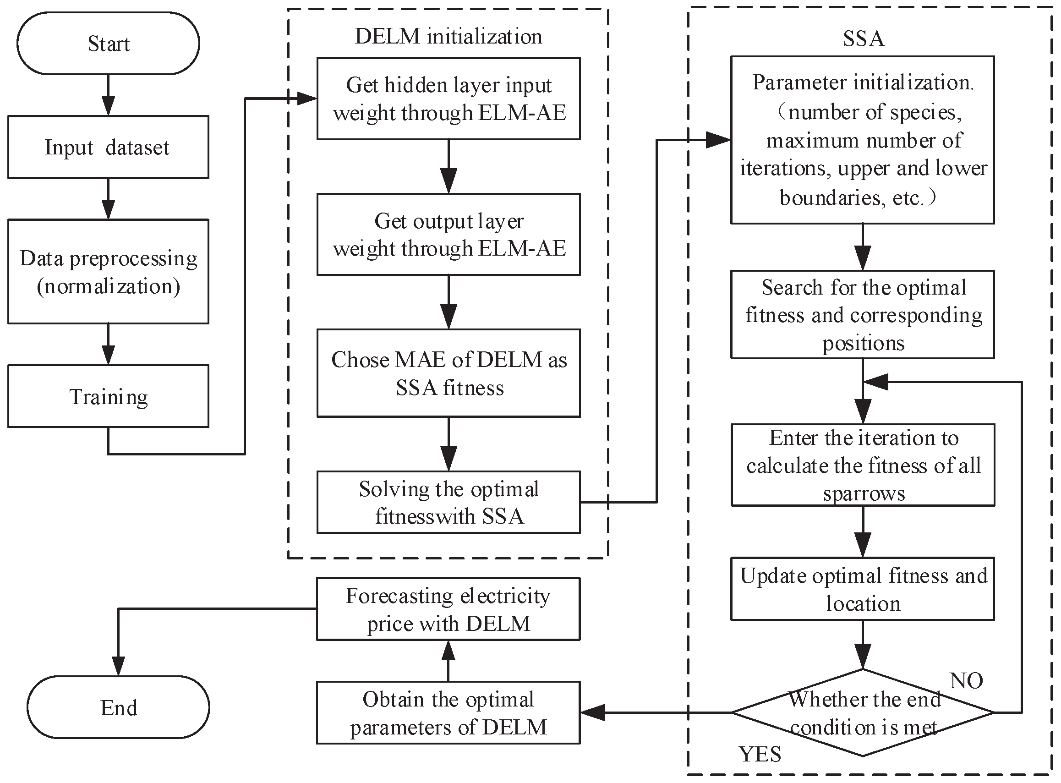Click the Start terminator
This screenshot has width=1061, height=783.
point(108,44)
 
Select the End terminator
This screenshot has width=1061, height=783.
point(118,707)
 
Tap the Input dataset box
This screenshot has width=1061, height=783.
point(108,148)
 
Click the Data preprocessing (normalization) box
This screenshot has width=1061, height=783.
point(108,272)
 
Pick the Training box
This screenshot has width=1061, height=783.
point(108,396)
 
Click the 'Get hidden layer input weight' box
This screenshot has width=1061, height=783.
point(448,99)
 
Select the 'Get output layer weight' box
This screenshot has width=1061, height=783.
point(448,234)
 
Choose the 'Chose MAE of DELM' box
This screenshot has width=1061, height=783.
point(448,373)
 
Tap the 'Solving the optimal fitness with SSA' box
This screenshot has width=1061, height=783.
point(448,503)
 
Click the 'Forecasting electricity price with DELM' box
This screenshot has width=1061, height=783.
point(448,609)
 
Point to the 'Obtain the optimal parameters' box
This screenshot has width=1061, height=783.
point(448,713)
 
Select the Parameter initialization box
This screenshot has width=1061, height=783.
point(863,140)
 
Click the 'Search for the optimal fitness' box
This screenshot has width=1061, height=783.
point(863,315)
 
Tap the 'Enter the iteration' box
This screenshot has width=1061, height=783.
point(863,465)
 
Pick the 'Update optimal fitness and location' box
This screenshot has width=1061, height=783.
point(863,589)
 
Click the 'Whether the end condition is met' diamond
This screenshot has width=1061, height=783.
point(863,712)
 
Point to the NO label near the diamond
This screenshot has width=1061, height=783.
point(966,681)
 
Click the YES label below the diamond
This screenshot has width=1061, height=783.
point(760,754)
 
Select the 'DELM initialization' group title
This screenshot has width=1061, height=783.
point(448,37)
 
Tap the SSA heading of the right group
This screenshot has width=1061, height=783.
point(864,38)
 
